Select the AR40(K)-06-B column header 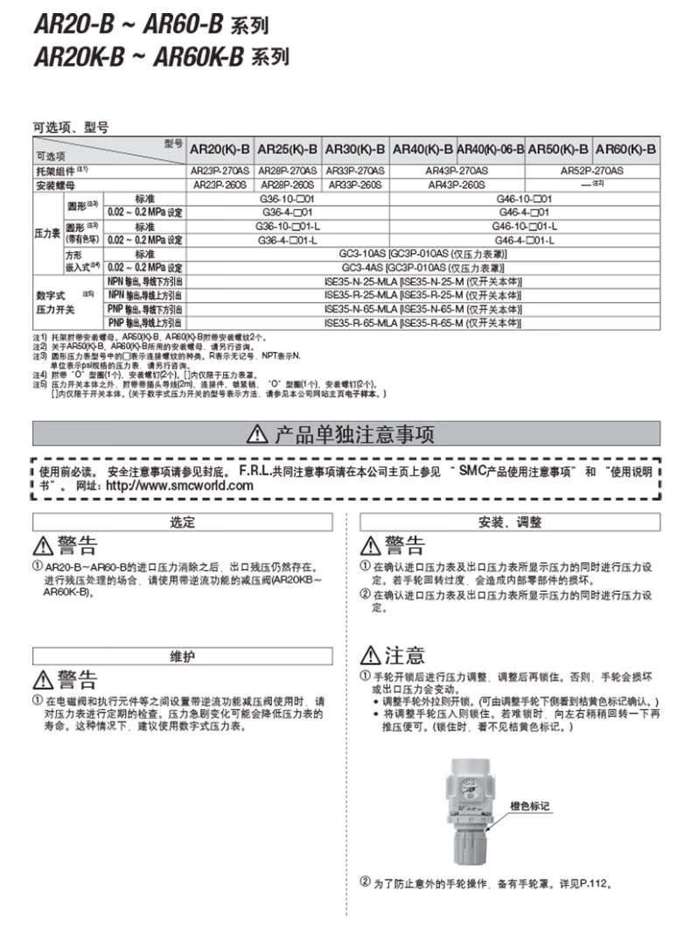pos(490,149)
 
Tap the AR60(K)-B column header pos(625,149)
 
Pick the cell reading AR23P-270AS pos(222,172)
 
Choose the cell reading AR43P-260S pos(456,185)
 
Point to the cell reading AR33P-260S pos(355,185)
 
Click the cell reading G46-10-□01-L pos(525,226)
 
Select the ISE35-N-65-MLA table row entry pos(423,309)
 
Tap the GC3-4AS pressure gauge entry pos(423,266)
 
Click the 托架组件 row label pos(61,172)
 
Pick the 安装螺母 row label pos(54,185)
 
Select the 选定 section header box pos(182,522)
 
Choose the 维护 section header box pos(182,656)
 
